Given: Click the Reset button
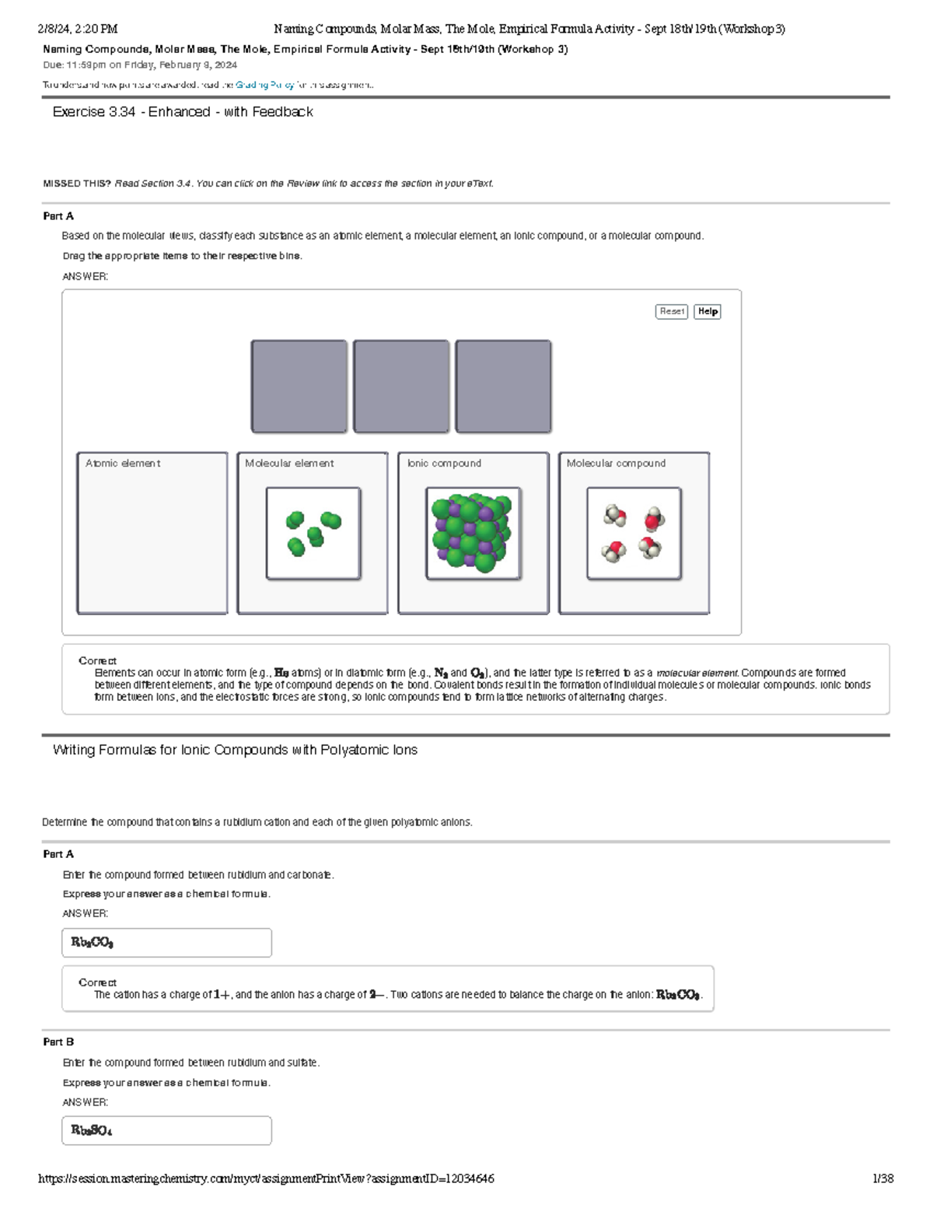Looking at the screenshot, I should click(x=671, y=311).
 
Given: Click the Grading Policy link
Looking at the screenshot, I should click(x=264, y=85).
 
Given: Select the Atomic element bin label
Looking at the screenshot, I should click(x=123, y=464).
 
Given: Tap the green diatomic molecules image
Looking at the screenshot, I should click(x=313, y=534).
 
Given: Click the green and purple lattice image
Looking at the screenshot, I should click(x=473, y=534).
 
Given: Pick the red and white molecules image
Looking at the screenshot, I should click(x=634, y=534).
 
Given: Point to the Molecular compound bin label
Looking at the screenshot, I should click(x=616, y=464).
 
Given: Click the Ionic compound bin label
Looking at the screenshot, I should click(x=444, y=464).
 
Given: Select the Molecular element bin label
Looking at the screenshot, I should click(x=289, y=464).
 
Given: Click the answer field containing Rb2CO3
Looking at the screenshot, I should click(x=166, y=942).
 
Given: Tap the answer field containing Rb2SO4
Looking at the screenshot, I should click(x=166, y=1130).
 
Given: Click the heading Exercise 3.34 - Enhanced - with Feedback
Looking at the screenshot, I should click(x=183, y=112).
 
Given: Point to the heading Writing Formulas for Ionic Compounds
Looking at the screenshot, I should click(x=235, y=750).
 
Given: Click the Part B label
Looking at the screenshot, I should click(x=58, y=1042).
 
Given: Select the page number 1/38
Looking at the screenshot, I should click(x=882, y=1178).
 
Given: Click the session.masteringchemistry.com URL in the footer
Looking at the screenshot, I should click(x=266, y=1178).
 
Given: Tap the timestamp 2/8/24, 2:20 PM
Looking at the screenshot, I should click(x=78, y=30).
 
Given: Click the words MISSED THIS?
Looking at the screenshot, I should click(x=77, y=184).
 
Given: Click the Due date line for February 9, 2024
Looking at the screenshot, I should click(x=140, y=65).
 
